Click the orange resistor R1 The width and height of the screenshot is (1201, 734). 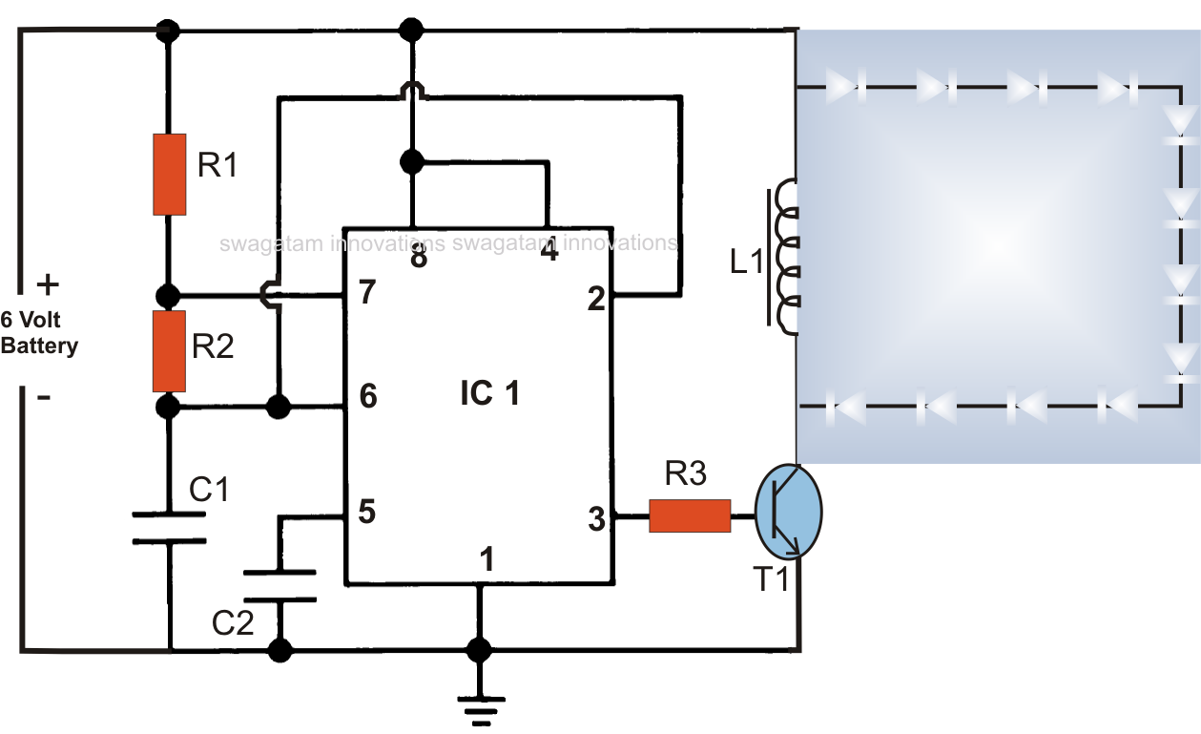tap(169, 174)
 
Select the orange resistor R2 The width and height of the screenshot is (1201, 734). tap(169, 350)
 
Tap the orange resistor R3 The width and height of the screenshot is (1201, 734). tap(690, 515)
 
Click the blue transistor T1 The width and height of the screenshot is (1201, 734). tap(788, 511)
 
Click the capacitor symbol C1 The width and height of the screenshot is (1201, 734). tap(169, 528)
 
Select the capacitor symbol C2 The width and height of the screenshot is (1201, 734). tap(280, 586)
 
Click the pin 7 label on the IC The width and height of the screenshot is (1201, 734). tap(366, 293)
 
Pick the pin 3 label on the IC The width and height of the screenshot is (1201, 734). tap(596, 520)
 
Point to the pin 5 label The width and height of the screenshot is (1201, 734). tap(366, 513)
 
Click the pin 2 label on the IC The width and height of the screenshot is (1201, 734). tap(597, 300)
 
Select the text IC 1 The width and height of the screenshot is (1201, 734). tap(489, 393)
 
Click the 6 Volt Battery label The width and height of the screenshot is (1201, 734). tap(39, 334)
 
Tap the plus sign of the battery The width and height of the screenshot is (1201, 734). tap(47, 284)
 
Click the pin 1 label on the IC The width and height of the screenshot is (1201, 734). tap(487, 560)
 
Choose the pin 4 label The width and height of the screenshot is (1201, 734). tap(549, 253)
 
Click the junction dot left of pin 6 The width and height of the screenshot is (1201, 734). tap(278, 408)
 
